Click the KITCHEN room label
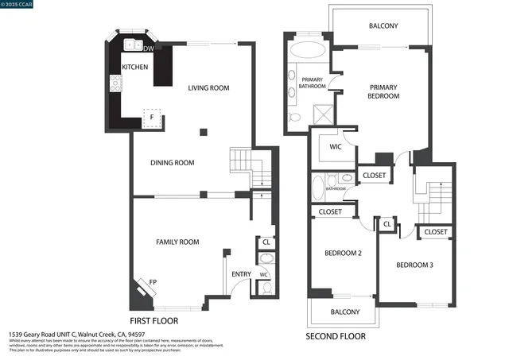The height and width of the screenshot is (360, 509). (134, 68)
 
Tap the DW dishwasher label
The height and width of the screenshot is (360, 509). (147, 49)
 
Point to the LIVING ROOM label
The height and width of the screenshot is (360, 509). (208, 88)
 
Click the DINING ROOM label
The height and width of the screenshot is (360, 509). (173, 163)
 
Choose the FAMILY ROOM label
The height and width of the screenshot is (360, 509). (177, 242)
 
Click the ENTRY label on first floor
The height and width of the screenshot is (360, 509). (241, 274)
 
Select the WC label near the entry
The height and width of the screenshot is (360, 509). (262, 275)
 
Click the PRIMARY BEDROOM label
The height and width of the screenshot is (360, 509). (383, 90)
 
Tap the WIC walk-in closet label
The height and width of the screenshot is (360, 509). (335, 146)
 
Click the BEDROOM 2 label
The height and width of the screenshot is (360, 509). (343, 254)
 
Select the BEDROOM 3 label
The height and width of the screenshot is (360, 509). (414, 265)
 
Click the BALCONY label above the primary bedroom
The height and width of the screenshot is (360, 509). (383, 26)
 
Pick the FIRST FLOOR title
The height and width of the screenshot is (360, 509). (153, 320)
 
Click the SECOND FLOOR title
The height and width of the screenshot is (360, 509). (336, 336)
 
